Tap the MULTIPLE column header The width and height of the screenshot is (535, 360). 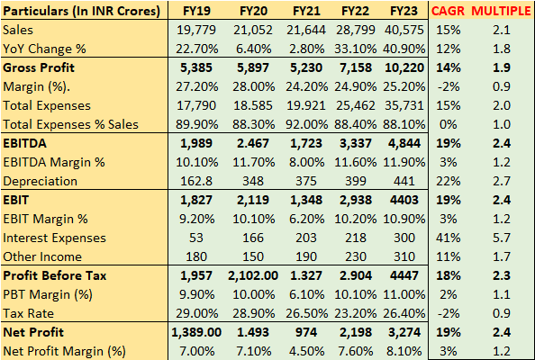pyautogui.click(x=503, y=12)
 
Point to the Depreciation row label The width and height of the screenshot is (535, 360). pyautogui.click(x=41, y=179)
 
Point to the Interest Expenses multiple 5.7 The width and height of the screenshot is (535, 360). pyautogui.click(x=503, y=237)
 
